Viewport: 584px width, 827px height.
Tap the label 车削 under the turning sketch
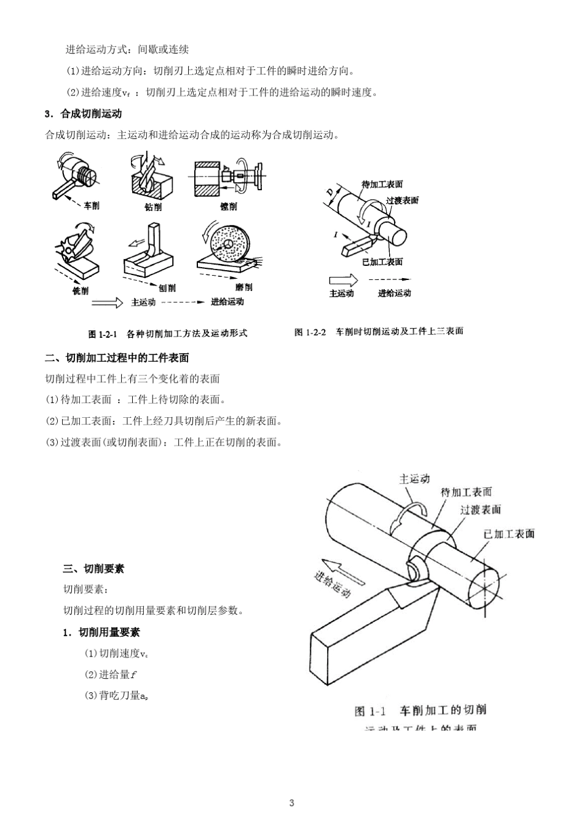[92, 206]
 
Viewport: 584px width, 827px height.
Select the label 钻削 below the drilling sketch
[152, 207]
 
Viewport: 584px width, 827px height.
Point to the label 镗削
[228, 207]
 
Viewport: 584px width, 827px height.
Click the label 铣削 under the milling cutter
[80, 290]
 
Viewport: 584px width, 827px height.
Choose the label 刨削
[167, 287]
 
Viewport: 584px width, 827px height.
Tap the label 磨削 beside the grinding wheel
[243, 287]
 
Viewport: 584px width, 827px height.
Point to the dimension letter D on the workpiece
[330, 193]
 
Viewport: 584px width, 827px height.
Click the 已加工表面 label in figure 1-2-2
[382, 262]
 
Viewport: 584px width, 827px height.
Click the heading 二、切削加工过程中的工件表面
[117, 358]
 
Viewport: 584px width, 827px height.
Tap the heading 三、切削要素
[93, 569]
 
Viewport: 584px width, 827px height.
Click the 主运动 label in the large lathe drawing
[414, 479]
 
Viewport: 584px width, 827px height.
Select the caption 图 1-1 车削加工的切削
[420, 710]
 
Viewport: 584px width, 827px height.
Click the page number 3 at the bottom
[292, 803]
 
